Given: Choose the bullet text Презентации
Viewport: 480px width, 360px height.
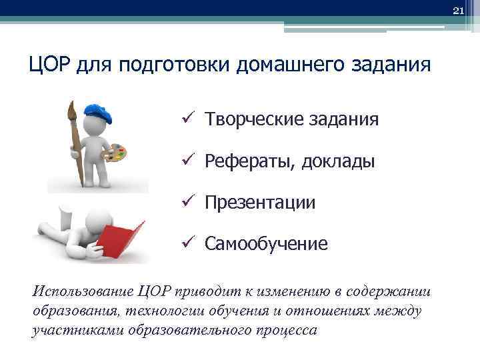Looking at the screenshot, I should pyautogui.click(x=260, y=203).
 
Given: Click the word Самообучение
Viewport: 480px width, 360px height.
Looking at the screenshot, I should pyautogui.click(x=266, y=244).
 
